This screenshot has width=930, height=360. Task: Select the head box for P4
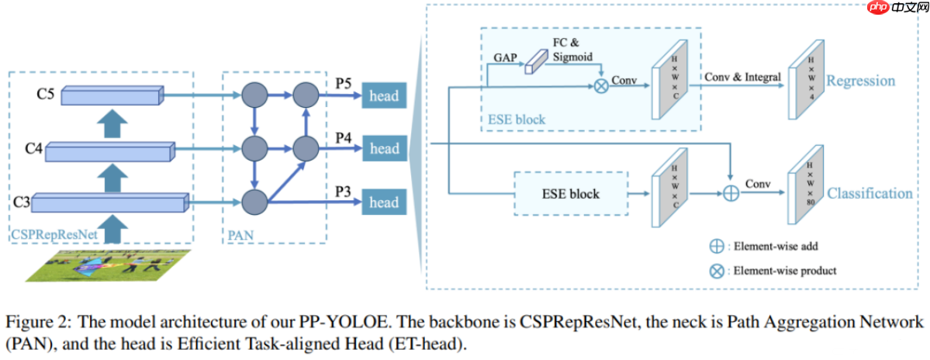tap(385, 148)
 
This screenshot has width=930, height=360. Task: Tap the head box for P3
tap(385, 202)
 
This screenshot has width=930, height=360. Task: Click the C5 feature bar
tap(112, 95)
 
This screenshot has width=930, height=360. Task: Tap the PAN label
tap(240, 236)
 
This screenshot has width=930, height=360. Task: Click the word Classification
tap(869, 193)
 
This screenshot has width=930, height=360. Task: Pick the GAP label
tap(505, 59)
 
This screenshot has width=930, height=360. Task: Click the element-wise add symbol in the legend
tap(717, 246)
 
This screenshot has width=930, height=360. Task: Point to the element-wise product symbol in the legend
tap(717, 271)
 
